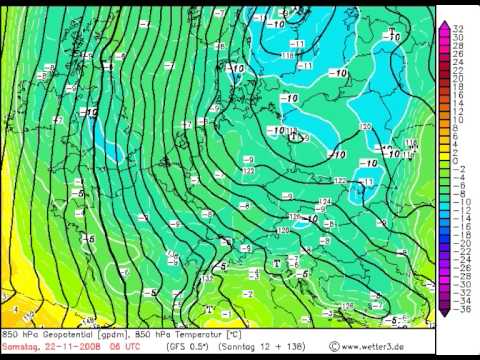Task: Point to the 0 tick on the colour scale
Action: click(x=455, y=161)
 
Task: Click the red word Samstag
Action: click(x=19, y=346)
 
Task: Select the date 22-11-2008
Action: click(x=66, y=346)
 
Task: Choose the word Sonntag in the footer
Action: click(x=250, y=346)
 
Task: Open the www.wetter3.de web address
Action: click(x=376, y=346)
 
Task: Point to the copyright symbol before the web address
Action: click(x=334, y=346)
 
